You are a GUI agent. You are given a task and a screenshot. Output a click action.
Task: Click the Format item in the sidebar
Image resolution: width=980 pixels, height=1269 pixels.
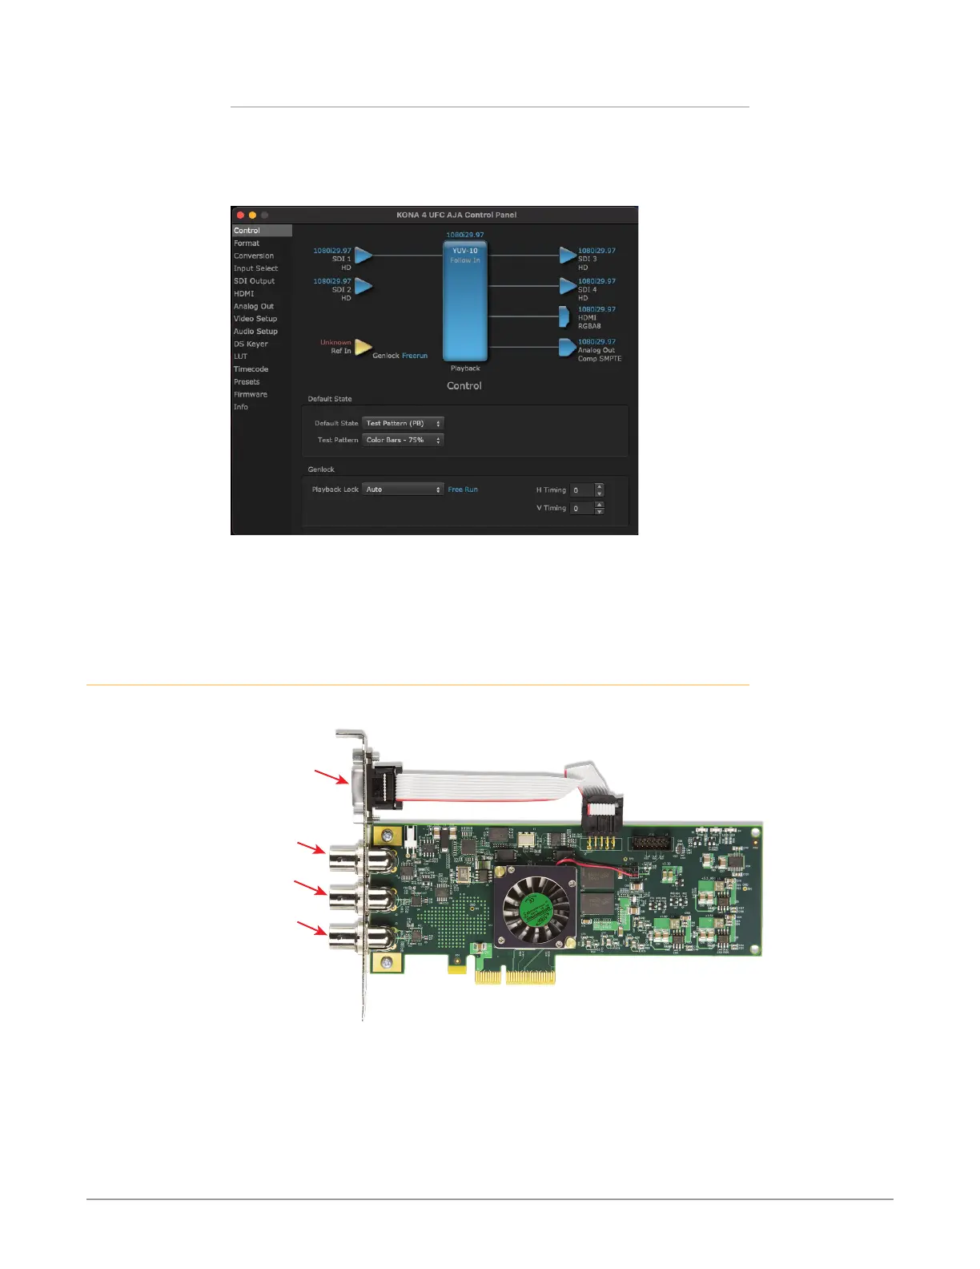click(247, 244)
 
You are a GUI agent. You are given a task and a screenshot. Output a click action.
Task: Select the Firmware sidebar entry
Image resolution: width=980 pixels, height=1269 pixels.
click(251, 394)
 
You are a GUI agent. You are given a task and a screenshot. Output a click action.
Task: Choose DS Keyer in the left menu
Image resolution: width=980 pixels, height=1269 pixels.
click(251, 344)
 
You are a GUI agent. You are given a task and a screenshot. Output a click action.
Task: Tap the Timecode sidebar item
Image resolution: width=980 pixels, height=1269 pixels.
click(251, 369)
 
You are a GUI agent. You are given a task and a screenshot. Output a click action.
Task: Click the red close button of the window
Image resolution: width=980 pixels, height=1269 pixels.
click(240, 215)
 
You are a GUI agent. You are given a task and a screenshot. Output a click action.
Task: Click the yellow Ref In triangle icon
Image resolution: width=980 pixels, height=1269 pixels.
click(363, 347)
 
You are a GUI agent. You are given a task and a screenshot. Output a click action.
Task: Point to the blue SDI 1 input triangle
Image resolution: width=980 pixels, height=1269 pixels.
click(363, 255)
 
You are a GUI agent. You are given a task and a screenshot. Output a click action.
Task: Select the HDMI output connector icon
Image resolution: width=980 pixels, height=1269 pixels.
click(564, 316)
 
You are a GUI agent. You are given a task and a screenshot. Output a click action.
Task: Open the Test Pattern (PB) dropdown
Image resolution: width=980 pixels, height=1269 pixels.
click(403, 423)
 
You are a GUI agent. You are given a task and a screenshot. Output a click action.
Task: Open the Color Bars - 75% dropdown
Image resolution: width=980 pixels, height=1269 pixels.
click(403, 440)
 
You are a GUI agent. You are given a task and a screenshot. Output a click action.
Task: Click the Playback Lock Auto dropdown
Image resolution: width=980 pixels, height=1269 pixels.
click(403, 489)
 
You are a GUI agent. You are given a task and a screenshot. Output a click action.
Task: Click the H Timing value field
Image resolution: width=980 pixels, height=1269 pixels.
click(582, 490)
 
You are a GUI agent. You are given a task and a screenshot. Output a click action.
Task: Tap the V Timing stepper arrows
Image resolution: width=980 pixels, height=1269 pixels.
click(600, 508)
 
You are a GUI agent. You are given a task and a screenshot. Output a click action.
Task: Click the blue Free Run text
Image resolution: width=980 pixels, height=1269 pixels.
click(463, 489)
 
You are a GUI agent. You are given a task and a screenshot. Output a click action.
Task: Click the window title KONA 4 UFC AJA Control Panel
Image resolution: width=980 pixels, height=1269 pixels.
click(456, 215)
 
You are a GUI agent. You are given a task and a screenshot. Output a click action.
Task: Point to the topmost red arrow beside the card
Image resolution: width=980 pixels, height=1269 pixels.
click(331, 777)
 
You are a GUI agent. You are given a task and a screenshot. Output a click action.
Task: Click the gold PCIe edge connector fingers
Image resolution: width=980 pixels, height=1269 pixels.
click(516, 977)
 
